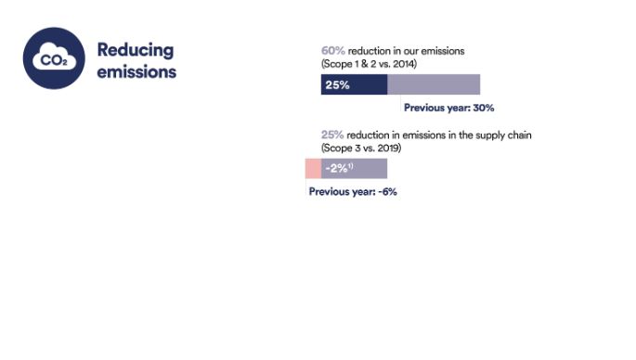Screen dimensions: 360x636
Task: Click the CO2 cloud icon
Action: click(x=54, y=58)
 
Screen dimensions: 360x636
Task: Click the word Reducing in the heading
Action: click(x=135, y=49)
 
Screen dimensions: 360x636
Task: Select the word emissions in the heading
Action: click(x=136, y=71)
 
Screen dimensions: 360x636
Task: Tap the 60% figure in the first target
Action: click(x=332, y=50)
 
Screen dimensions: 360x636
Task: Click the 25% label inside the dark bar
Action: click(x=337, y=85)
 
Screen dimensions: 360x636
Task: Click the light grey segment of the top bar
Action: click(x=434, y=85)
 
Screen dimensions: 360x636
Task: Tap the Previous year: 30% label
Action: click(x=448, y=109)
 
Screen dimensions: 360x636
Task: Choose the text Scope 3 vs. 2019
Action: click(x=361, y=148)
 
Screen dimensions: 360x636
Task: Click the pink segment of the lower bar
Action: click(x=313, y=169)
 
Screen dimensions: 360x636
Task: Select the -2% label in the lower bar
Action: click(x=336, y=169)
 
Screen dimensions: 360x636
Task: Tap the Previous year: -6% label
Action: click(x=353, y=192)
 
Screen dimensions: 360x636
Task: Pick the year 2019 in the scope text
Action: click(x=388, y=148)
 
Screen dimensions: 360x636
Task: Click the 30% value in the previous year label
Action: click(x=483, y=109)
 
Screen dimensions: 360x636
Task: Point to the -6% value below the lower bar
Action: click(x=387, y=192)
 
